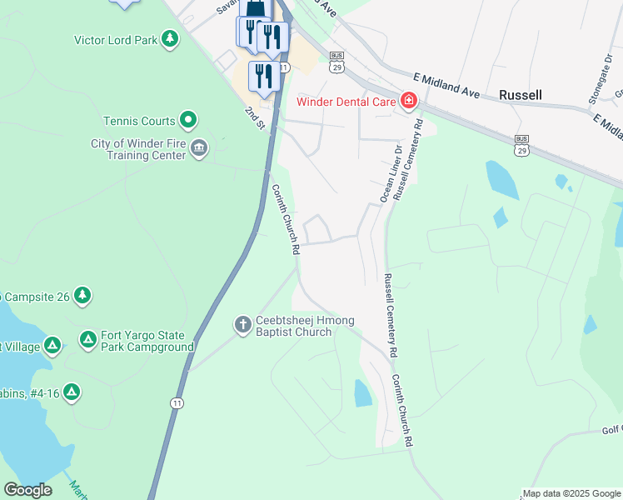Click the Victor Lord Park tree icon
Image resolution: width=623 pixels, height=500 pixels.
(170, 38)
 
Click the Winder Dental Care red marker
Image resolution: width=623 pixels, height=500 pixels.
(408, 102)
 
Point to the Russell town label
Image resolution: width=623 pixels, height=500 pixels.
(521, 95)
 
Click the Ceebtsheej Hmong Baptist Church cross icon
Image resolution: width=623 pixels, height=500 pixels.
(242, 324)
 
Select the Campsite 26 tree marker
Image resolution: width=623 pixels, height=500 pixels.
(82, 295)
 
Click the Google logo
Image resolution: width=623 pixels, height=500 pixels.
(27, 490)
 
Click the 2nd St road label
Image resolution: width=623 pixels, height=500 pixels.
(254, 117)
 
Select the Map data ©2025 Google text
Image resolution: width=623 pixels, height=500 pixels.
(572, 493)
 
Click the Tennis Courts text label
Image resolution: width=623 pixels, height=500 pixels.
(139, 121)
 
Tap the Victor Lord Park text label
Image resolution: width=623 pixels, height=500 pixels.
(116, 39)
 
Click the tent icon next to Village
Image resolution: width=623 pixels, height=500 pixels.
(52, 343)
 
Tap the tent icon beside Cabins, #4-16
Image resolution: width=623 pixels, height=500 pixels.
(72, 391)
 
